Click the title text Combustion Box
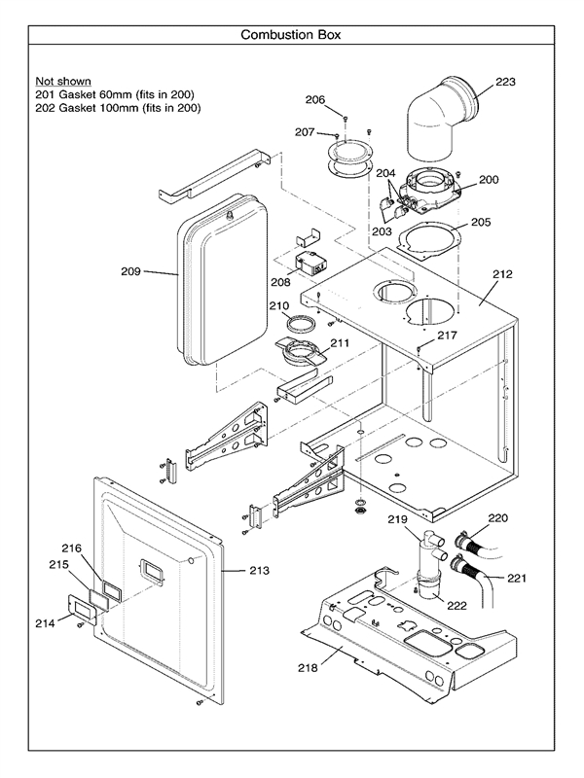tap(291, 35)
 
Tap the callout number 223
tap(506, 82)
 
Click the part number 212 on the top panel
tap(501, 274)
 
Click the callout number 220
tap(497, 517)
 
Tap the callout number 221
tap(517, 578)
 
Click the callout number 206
tap(314, 99)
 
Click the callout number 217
tap(446, 336)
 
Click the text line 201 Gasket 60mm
tap(115, 94)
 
